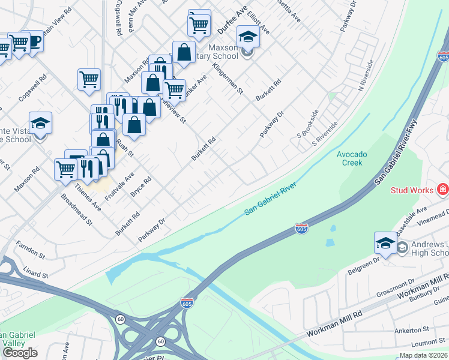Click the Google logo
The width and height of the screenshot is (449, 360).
[20, 353]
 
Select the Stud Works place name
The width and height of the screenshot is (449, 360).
[412, 190]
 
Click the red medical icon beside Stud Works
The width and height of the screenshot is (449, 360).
[443, 190]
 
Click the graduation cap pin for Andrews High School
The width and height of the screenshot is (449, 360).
[385, 243]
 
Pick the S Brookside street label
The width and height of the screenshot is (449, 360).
[307, 124]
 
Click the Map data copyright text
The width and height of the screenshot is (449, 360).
[423, 355]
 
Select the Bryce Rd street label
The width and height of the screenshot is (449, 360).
[140, 189]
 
